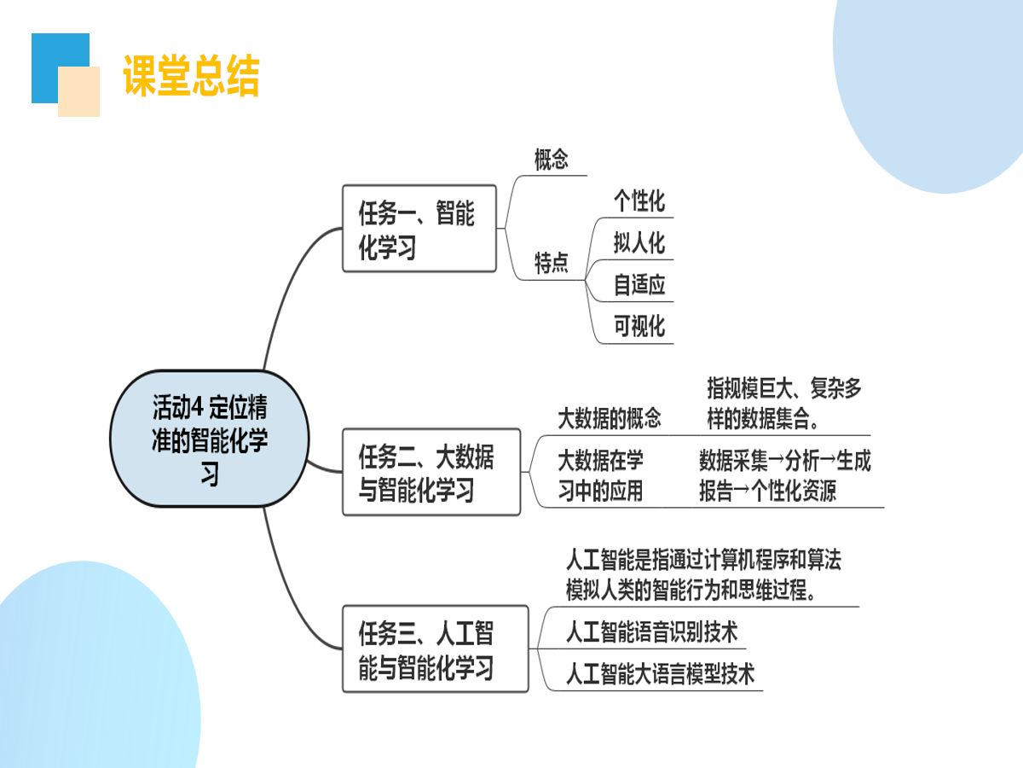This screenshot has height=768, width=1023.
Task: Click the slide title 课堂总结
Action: tap(191, 76)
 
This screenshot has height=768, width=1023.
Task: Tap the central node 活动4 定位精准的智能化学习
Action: tap(210, 439)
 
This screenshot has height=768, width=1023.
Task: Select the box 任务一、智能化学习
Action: tap(419, 229)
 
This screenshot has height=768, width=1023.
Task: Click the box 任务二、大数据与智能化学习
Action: tap(431, 472)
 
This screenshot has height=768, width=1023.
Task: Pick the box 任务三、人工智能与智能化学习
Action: tap(435, 649)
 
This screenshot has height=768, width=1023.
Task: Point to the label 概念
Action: tap(551, 160)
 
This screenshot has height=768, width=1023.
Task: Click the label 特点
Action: tap(551, 263)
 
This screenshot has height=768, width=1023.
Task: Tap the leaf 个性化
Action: tap(639, 201)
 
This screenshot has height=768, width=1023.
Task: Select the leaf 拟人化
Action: tap(639, 243)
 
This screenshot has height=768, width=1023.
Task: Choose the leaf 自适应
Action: tap(639, 285)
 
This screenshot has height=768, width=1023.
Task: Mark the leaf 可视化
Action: tap(639, 326)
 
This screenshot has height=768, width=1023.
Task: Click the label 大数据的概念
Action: tap(609, 418)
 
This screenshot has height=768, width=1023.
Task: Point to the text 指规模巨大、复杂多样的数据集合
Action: tap(783, 404)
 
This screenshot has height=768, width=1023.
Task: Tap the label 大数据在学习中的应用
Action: tap(600, 475)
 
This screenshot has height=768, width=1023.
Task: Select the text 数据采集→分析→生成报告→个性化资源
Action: tap(784, 475)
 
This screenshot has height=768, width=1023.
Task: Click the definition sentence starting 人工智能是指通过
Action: tap(703, 574)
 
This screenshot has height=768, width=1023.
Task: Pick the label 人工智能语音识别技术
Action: tap(651, 632)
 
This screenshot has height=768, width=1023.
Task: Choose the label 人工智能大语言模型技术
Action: tap(660, 674)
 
